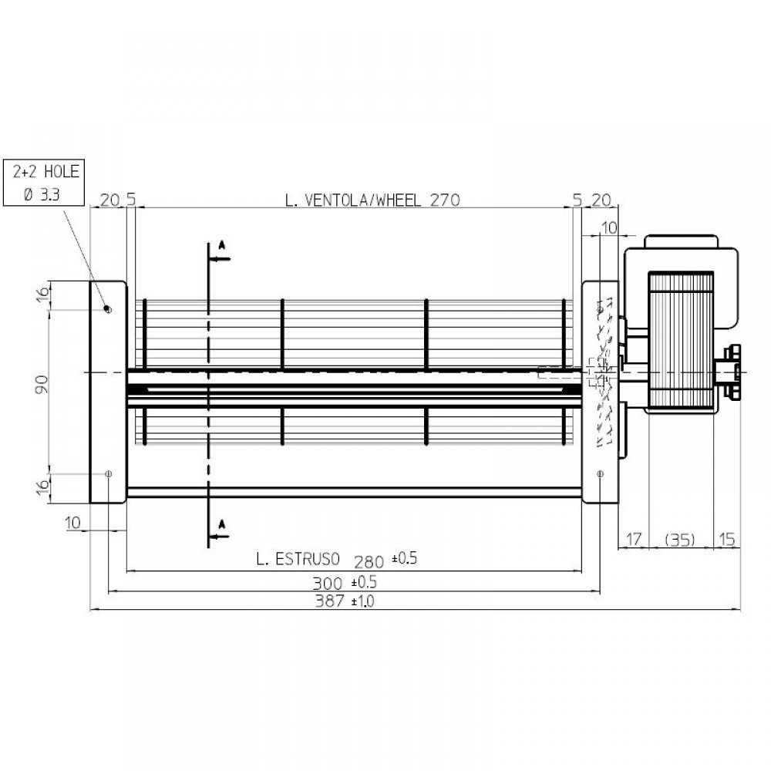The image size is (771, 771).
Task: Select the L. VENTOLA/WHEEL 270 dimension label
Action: (372, 200)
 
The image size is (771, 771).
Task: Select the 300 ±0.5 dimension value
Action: (343, 581)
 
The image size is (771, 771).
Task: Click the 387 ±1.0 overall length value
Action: (343, 601)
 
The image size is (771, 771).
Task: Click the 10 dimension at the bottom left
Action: (73, 523)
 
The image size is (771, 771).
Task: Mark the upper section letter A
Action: (221, 244)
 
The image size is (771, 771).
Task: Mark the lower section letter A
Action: (221, 524)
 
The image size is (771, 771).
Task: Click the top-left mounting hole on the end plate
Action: (108, 309)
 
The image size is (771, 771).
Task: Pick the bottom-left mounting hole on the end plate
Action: (108, 473)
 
